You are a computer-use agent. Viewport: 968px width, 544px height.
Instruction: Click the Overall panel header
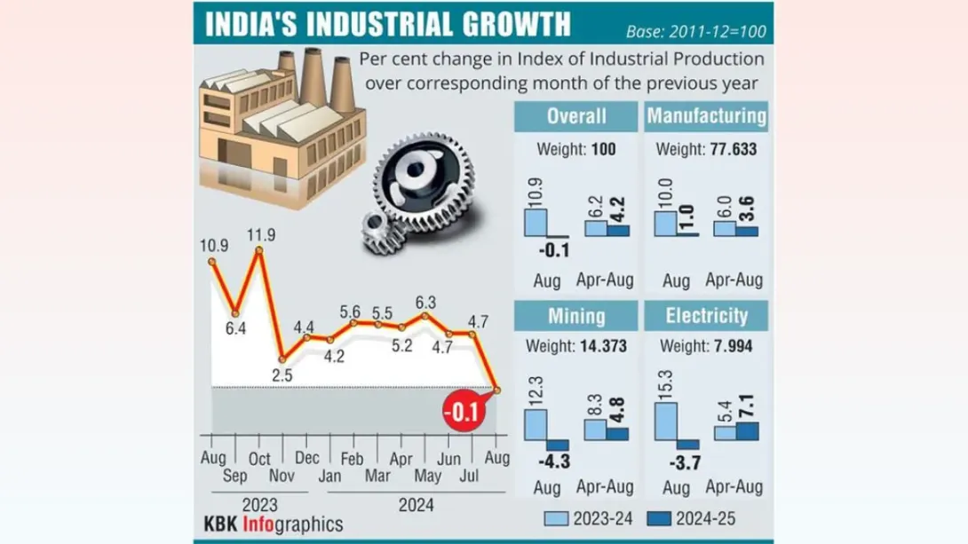[576, 116]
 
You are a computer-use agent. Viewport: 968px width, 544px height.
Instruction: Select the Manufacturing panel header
[707, 116]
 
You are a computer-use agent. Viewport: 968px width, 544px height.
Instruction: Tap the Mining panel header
[576, 315]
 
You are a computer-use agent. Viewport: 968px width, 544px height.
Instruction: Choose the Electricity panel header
[707, 315]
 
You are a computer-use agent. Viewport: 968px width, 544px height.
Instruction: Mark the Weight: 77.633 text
[707, 151]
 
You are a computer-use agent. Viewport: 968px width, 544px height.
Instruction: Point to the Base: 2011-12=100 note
[699, 32]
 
